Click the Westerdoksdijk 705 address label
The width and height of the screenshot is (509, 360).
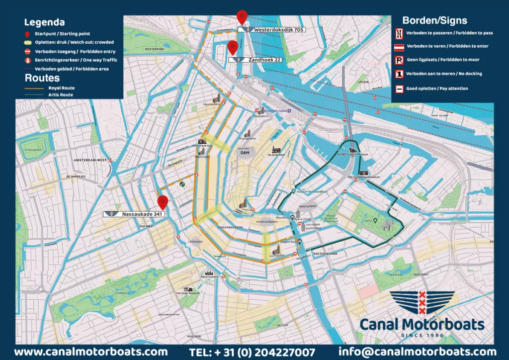(x=271, y=30)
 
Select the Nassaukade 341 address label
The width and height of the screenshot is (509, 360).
(x=135, y=214)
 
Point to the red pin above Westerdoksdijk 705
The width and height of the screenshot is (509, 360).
(x=242, y=16)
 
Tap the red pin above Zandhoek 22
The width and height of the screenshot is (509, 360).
(x=232, y=48)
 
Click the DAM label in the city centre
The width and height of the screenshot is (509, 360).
(x=245, y=153)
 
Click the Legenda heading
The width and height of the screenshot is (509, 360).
(x=44, y=22)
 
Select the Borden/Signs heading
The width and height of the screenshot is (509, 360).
(x=434, y=20)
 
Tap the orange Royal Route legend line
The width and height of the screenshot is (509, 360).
(x=34, y=88)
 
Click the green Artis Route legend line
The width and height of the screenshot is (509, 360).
(x=34, y=94)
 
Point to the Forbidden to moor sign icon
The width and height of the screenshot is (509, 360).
(x=399, y=60)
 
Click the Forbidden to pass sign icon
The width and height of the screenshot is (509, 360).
(x=399, y=32)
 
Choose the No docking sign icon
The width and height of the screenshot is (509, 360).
(x=399, y=74)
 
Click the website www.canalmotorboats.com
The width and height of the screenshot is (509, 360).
(x=90, y=352)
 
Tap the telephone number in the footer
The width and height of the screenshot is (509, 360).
(x=252, y=352)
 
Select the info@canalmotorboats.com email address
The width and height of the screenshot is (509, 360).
(x=418, y=352)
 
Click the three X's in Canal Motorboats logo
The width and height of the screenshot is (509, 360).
(x=422, y=303)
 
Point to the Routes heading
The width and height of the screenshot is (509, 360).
(x=42, y=78)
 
